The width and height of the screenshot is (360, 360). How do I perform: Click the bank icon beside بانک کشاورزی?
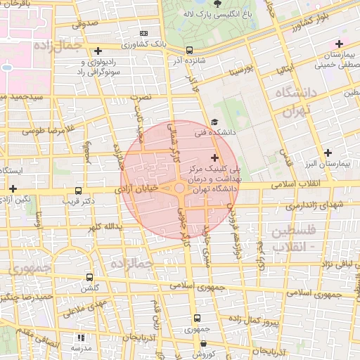click(x=144, y=33)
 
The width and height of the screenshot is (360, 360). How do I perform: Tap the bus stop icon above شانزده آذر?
click(x=189, y=50)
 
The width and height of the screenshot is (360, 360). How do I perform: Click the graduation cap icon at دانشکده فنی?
click(x=214, y=121)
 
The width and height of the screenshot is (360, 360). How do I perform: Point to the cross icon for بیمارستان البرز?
click(x=328, y=153)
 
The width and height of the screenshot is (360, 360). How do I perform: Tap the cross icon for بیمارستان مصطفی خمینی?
click(x=339, y=44)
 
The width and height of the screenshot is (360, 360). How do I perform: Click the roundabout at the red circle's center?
click(x=180, y=188)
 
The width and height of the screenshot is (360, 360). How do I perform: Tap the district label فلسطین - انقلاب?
click(x=295, y=238)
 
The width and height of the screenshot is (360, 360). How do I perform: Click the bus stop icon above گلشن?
click(x=89, y=278)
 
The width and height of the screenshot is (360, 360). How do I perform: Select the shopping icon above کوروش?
click(x=203, y=344)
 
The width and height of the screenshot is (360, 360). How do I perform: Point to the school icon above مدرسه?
click(x=79, y=337)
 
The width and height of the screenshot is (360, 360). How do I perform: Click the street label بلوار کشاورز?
click(x=293, y=25)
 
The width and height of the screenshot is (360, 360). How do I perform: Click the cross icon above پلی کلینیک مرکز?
click(x=214, y=157)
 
